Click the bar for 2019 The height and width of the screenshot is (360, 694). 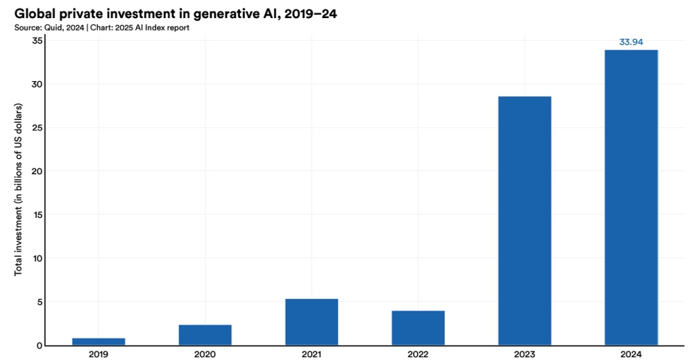99,341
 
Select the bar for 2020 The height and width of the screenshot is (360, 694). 205,334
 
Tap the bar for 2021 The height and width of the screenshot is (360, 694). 312,322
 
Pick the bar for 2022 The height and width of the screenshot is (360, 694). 418,327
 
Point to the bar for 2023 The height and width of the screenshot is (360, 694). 525,221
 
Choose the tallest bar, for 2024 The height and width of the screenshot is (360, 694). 631,198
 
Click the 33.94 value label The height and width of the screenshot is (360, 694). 631,42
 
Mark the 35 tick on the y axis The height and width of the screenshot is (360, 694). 37,41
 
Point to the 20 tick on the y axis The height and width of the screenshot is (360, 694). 37,171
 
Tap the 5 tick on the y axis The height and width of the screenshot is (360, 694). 40,302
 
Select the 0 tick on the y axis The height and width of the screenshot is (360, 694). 40,345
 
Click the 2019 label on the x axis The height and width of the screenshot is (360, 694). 99,354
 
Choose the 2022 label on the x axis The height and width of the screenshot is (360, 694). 418,354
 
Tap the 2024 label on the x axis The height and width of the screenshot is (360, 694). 631,354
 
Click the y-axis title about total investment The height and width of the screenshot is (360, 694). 19,189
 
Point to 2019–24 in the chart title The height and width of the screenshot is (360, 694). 305,13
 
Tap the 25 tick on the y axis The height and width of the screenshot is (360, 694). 37,128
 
